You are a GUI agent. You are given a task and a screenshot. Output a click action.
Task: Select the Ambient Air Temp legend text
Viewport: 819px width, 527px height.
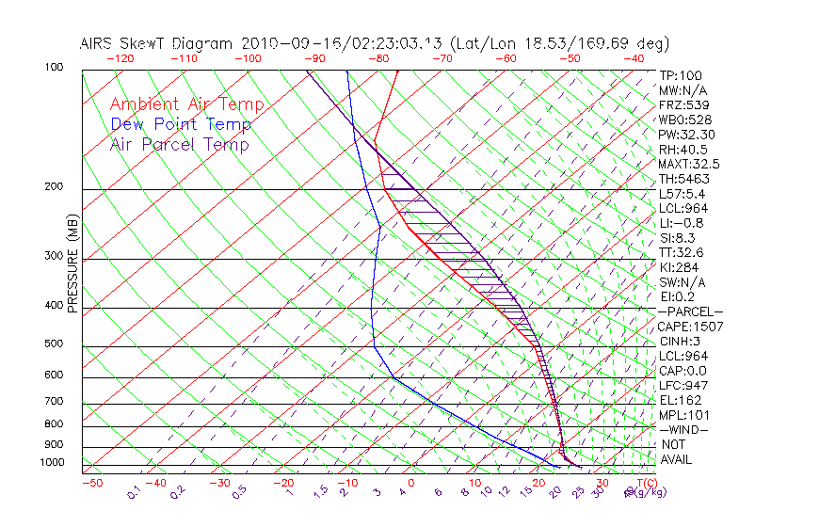click(x=187, y=104)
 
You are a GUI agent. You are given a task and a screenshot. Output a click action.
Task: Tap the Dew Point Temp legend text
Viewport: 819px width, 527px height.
click(x=181, y=124)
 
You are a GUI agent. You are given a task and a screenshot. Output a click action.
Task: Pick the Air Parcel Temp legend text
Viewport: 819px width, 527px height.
click(x=180, y=144)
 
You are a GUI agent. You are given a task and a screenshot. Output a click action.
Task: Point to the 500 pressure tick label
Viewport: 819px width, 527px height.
click(x=54, y=344)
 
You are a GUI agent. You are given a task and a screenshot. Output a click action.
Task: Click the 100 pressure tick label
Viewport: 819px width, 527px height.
click(x=54, y=68)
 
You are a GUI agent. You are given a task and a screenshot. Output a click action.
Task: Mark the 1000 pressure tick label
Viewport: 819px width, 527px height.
click(x=51, y=463)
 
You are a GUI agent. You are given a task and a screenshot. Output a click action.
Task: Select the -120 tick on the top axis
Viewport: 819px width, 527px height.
click(x=120, y=58)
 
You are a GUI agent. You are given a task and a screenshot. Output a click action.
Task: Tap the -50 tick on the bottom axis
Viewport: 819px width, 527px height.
click(x=91, y=484)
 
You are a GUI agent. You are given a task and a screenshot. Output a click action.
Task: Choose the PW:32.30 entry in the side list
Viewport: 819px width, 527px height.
click(x=687, y=135)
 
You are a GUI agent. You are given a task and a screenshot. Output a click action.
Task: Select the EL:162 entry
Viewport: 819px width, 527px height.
click(x=681, y=400)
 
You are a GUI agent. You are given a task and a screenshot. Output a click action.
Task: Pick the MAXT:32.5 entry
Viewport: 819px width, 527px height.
click(x=690, y=164)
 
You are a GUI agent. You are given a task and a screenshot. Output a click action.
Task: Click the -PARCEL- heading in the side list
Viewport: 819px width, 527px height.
click(x=690, y=311)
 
